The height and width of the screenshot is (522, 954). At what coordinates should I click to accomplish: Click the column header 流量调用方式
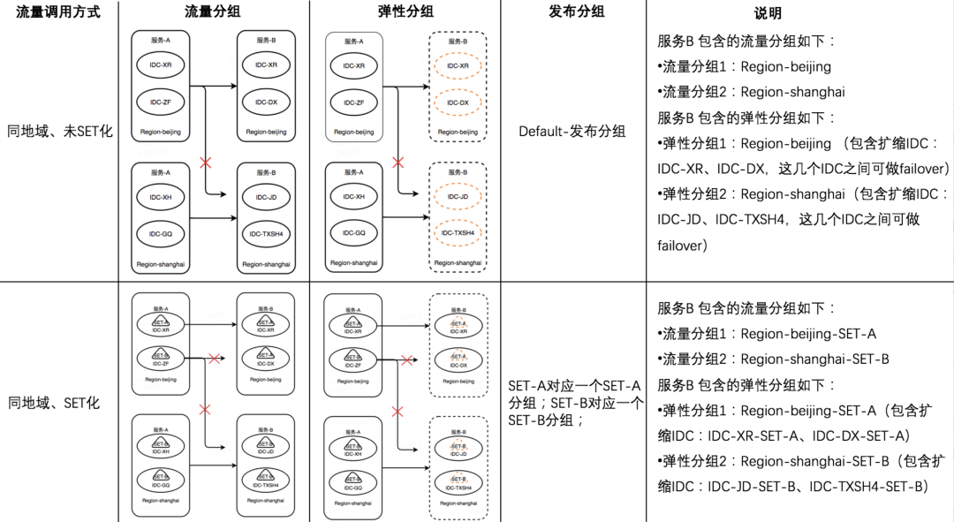(x=58, y=12)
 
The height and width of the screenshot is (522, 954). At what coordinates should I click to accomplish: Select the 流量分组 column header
(x=212, y=12)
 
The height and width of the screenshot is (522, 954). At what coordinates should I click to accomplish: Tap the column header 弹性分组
(x=405, y=12)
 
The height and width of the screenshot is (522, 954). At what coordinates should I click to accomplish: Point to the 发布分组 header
(x=574, y=12)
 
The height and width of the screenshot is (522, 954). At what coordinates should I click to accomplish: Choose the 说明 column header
(x=768, y=14)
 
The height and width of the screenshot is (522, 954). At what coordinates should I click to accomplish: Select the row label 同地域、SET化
(x=54, y=403)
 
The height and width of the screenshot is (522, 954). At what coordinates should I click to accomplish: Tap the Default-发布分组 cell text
(x=572, y=132)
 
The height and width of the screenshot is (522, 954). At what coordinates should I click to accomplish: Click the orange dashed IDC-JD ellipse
(x=458, y=196)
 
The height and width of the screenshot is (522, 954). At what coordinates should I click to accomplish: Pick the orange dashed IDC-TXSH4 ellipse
(x=458, y=233)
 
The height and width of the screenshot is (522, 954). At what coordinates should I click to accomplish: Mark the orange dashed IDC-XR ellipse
(x=458, y=66)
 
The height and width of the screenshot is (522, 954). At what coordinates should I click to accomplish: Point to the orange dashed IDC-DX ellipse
(x=458, y=102)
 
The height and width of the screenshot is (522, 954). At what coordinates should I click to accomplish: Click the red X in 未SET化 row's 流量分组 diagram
(x=206, y=163)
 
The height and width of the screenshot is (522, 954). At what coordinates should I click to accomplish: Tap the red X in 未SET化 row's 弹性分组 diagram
(x=397, y=163)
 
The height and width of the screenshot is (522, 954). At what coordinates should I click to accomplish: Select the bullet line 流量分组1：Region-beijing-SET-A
(x=768, y=334)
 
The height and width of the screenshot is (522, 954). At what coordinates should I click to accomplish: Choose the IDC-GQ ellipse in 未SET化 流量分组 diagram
(x=161, y=233)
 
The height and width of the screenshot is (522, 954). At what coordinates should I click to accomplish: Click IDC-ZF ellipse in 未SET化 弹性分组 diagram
(x=353, y=102)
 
